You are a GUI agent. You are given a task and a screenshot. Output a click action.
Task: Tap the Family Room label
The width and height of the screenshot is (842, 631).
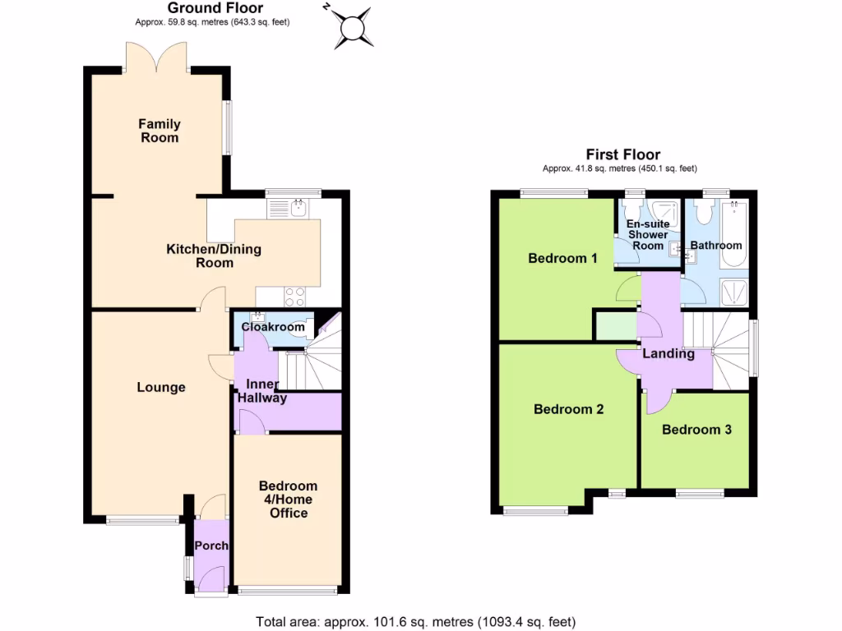coord(160,131)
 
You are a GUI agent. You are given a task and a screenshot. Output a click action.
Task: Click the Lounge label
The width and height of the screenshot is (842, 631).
coord(160,387)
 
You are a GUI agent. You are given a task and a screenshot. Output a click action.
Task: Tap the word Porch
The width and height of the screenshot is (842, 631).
coord(211,546)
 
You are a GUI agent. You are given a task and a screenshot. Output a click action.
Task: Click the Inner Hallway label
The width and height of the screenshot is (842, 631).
coord(262,391)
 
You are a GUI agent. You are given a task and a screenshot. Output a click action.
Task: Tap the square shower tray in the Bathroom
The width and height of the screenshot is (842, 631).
coord(732,292)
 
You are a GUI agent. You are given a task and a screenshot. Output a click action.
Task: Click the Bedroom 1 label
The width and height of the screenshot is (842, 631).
coord(562,258)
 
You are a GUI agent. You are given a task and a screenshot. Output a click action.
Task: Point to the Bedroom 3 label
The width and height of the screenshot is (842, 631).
coord(696,429)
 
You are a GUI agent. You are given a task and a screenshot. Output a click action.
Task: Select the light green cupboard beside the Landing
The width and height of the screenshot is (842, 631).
coord(616,326)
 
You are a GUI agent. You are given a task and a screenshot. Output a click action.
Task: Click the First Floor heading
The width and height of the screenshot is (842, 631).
coord(622,154)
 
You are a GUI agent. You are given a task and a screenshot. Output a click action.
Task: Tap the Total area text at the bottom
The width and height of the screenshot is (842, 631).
coord(415,621)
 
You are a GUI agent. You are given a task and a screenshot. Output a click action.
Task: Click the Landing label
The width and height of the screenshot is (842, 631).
coord(668,354)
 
